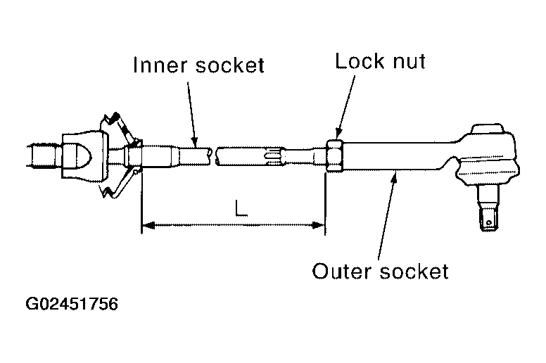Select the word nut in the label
(x=409, y=62)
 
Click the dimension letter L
(x=242, y=209)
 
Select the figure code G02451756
(x=72, y=305)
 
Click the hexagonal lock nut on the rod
(x=335, y=155)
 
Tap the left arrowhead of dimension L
(x=147, y=226)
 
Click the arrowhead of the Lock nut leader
(x=339, y=135)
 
